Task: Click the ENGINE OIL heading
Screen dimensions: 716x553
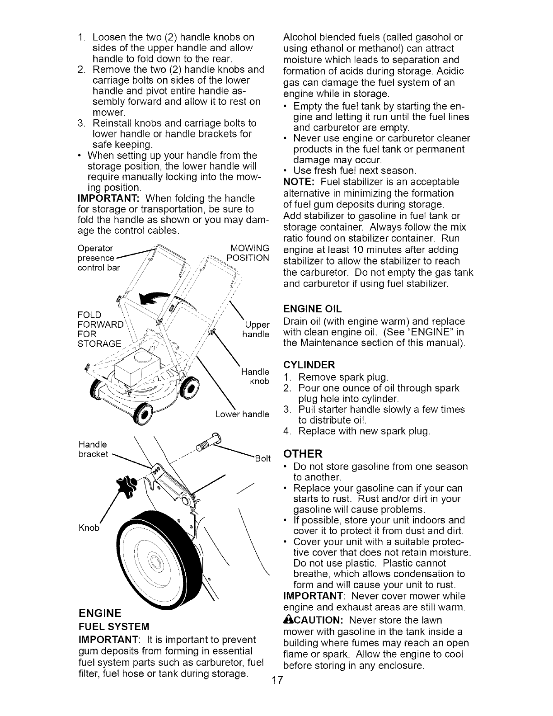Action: (312, 309)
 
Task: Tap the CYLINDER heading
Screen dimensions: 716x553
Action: (309, 365)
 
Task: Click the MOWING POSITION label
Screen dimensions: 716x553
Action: (249, 253)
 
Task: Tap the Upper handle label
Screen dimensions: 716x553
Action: (257, 330)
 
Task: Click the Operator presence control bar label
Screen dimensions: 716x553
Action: (97, 258)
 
